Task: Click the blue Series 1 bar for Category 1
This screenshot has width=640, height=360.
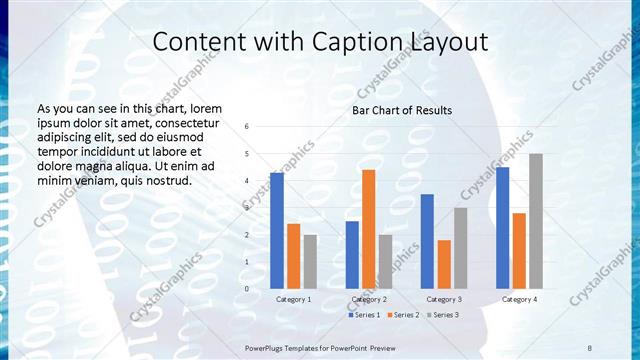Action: coord(277,230)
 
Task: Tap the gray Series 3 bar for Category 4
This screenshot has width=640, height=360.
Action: coord(536,221)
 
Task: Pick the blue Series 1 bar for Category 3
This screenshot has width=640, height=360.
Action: coord(428,241)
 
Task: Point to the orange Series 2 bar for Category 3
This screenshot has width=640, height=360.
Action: coord(444,264)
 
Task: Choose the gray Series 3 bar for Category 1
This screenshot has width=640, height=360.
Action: coord(310,261)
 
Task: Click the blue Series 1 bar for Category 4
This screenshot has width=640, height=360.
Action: coord(503,227)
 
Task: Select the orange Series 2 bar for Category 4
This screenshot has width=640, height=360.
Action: coord(519,250)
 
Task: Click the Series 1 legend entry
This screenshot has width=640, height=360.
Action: coord(363,315)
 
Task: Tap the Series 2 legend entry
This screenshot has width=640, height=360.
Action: coord(402,315)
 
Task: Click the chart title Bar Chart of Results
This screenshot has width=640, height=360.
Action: coord(402,110)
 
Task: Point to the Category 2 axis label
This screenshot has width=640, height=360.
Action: coord(369,299)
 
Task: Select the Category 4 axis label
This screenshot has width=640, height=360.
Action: coord(519,299)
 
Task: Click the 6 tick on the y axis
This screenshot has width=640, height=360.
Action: coord(247,127)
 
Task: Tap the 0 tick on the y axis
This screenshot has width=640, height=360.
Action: coord(247,288)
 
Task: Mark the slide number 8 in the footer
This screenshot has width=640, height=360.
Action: coord(588,346)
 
